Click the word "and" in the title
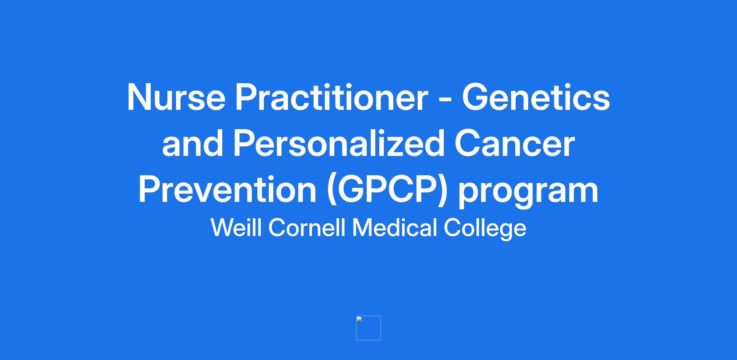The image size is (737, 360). pyautogui.click(x=193, y=143)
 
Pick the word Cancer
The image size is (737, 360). pyautogui.click(x=515, y=143)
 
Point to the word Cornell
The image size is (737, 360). pyautogui.click(x=307, y=228)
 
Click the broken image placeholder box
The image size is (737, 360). pyautogui.click(x=368, y=328)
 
